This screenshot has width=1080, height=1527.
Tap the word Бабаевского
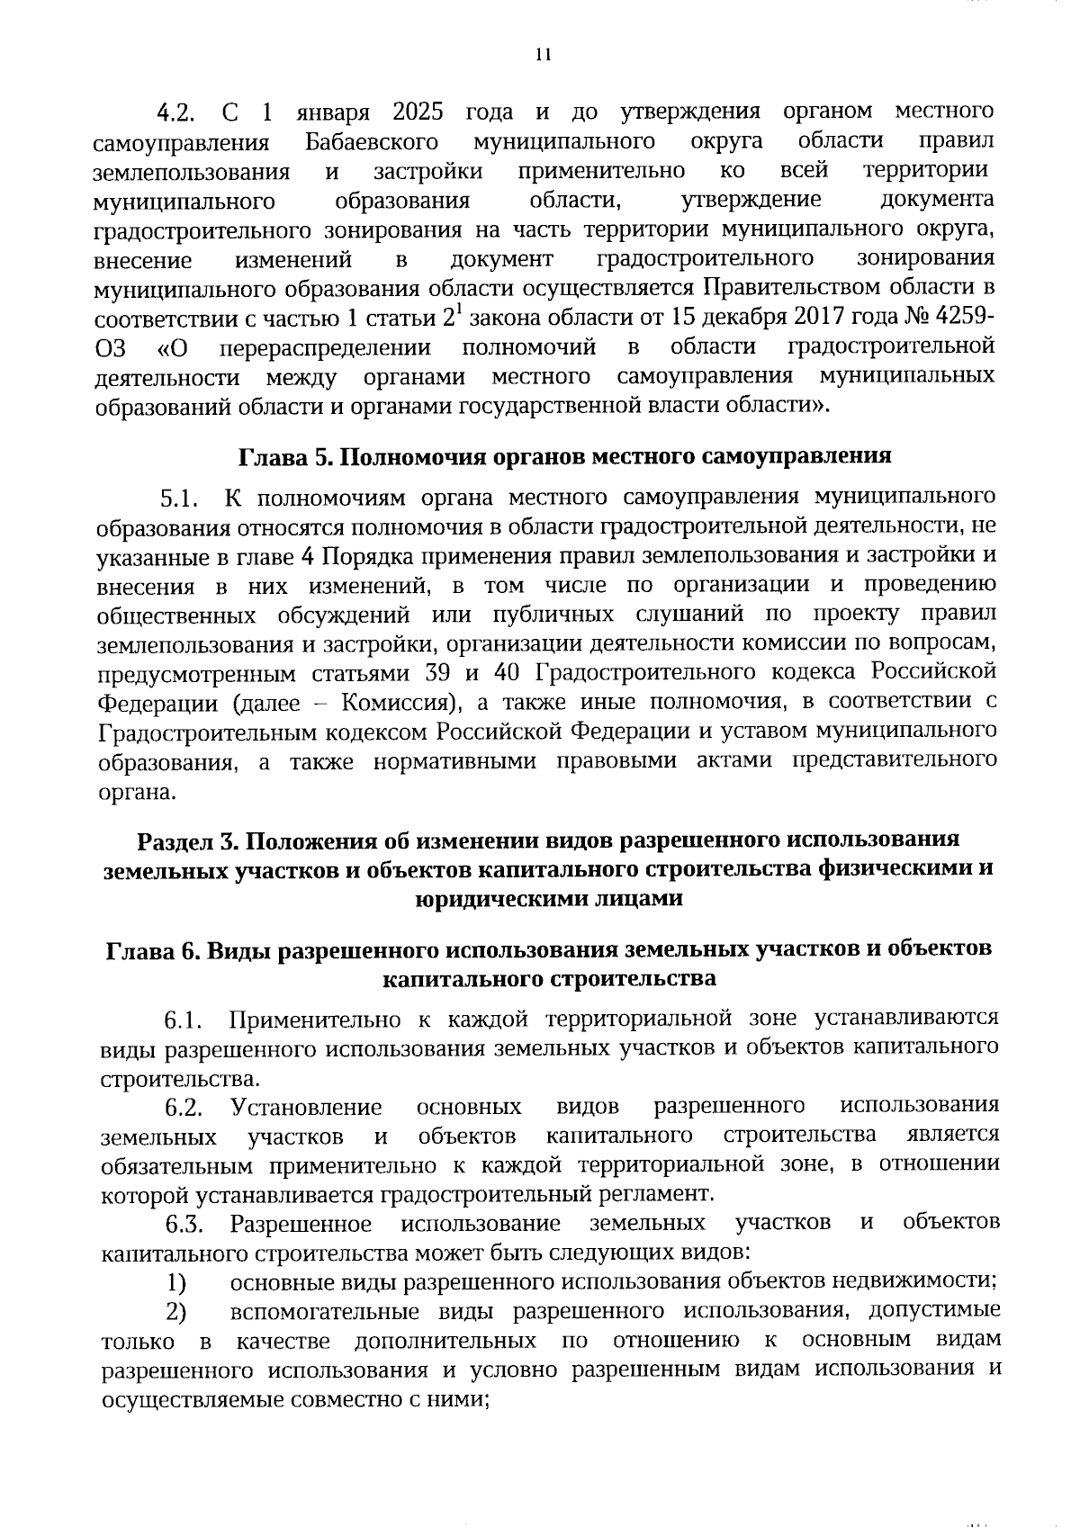click(x=372, y=142)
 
